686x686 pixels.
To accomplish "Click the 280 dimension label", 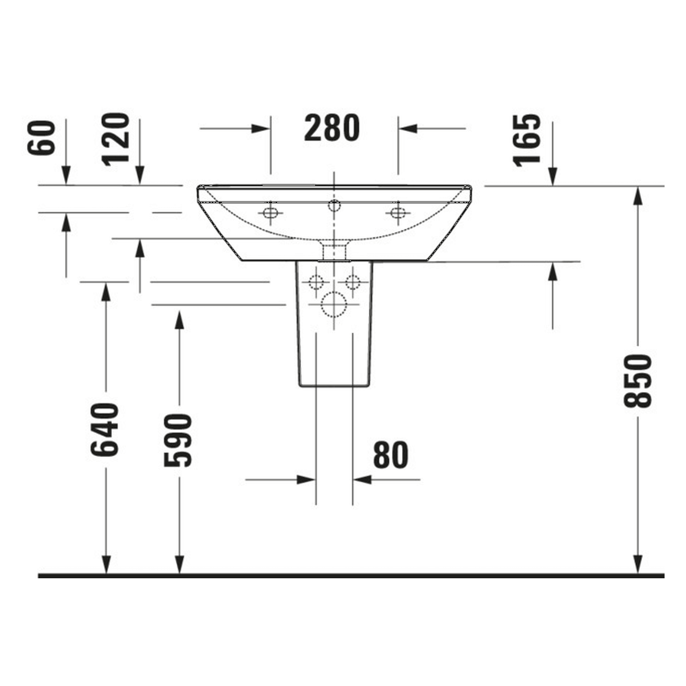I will (332, 129).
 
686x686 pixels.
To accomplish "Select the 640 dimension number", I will (105, 430).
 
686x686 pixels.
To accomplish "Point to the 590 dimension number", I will (178, 440).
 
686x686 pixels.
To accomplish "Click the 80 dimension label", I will (391, 456).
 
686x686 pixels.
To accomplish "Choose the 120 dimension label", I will (117, 139).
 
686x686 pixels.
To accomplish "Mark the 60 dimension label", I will (42, 138).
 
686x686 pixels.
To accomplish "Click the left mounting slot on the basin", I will (271, 213).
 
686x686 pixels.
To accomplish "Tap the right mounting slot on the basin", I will (397, 213).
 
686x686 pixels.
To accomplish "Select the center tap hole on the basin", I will (334, 205).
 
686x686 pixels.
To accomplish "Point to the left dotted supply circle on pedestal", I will (316, 282).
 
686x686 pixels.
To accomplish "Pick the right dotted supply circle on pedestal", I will (352, 282).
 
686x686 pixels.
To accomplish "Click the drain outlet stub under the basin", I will (334, 251).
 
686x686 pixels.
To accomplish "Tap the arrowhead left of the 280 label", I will (261, 129).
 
